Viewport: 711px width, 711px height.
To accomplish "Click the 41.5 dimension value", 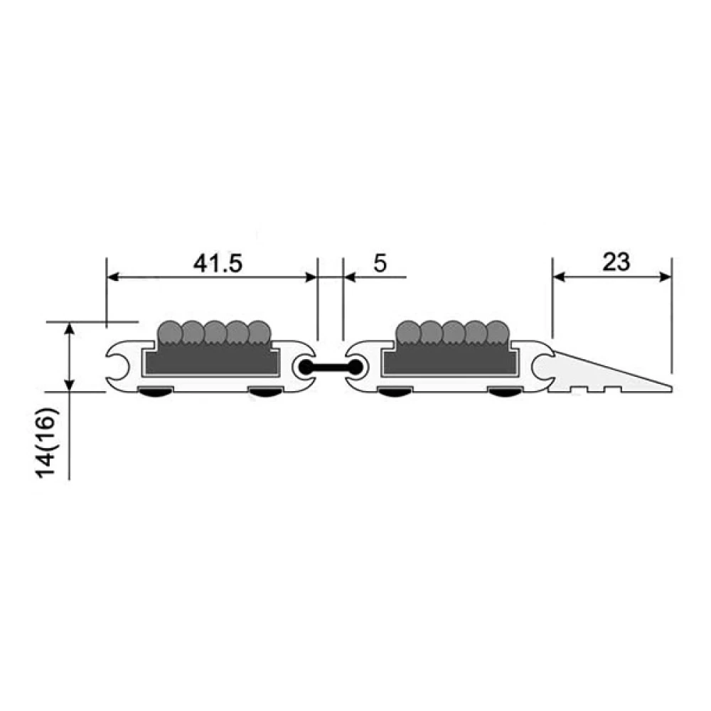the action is [x=218, y=264].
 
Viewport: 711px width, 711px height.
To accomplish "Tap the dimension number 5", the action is [x=380, y=264].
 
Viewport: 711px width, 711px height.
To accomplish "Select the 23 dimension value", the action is [x=616, y=262].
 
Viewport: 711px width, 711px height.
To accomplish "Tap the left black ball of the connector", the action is [x=307, y=367].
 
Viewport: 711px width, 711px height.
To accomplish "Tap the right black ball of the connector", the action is [x=355, y=367].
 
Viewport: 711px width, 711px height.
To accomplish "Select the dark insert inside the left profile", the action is [x=211, y=361].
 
